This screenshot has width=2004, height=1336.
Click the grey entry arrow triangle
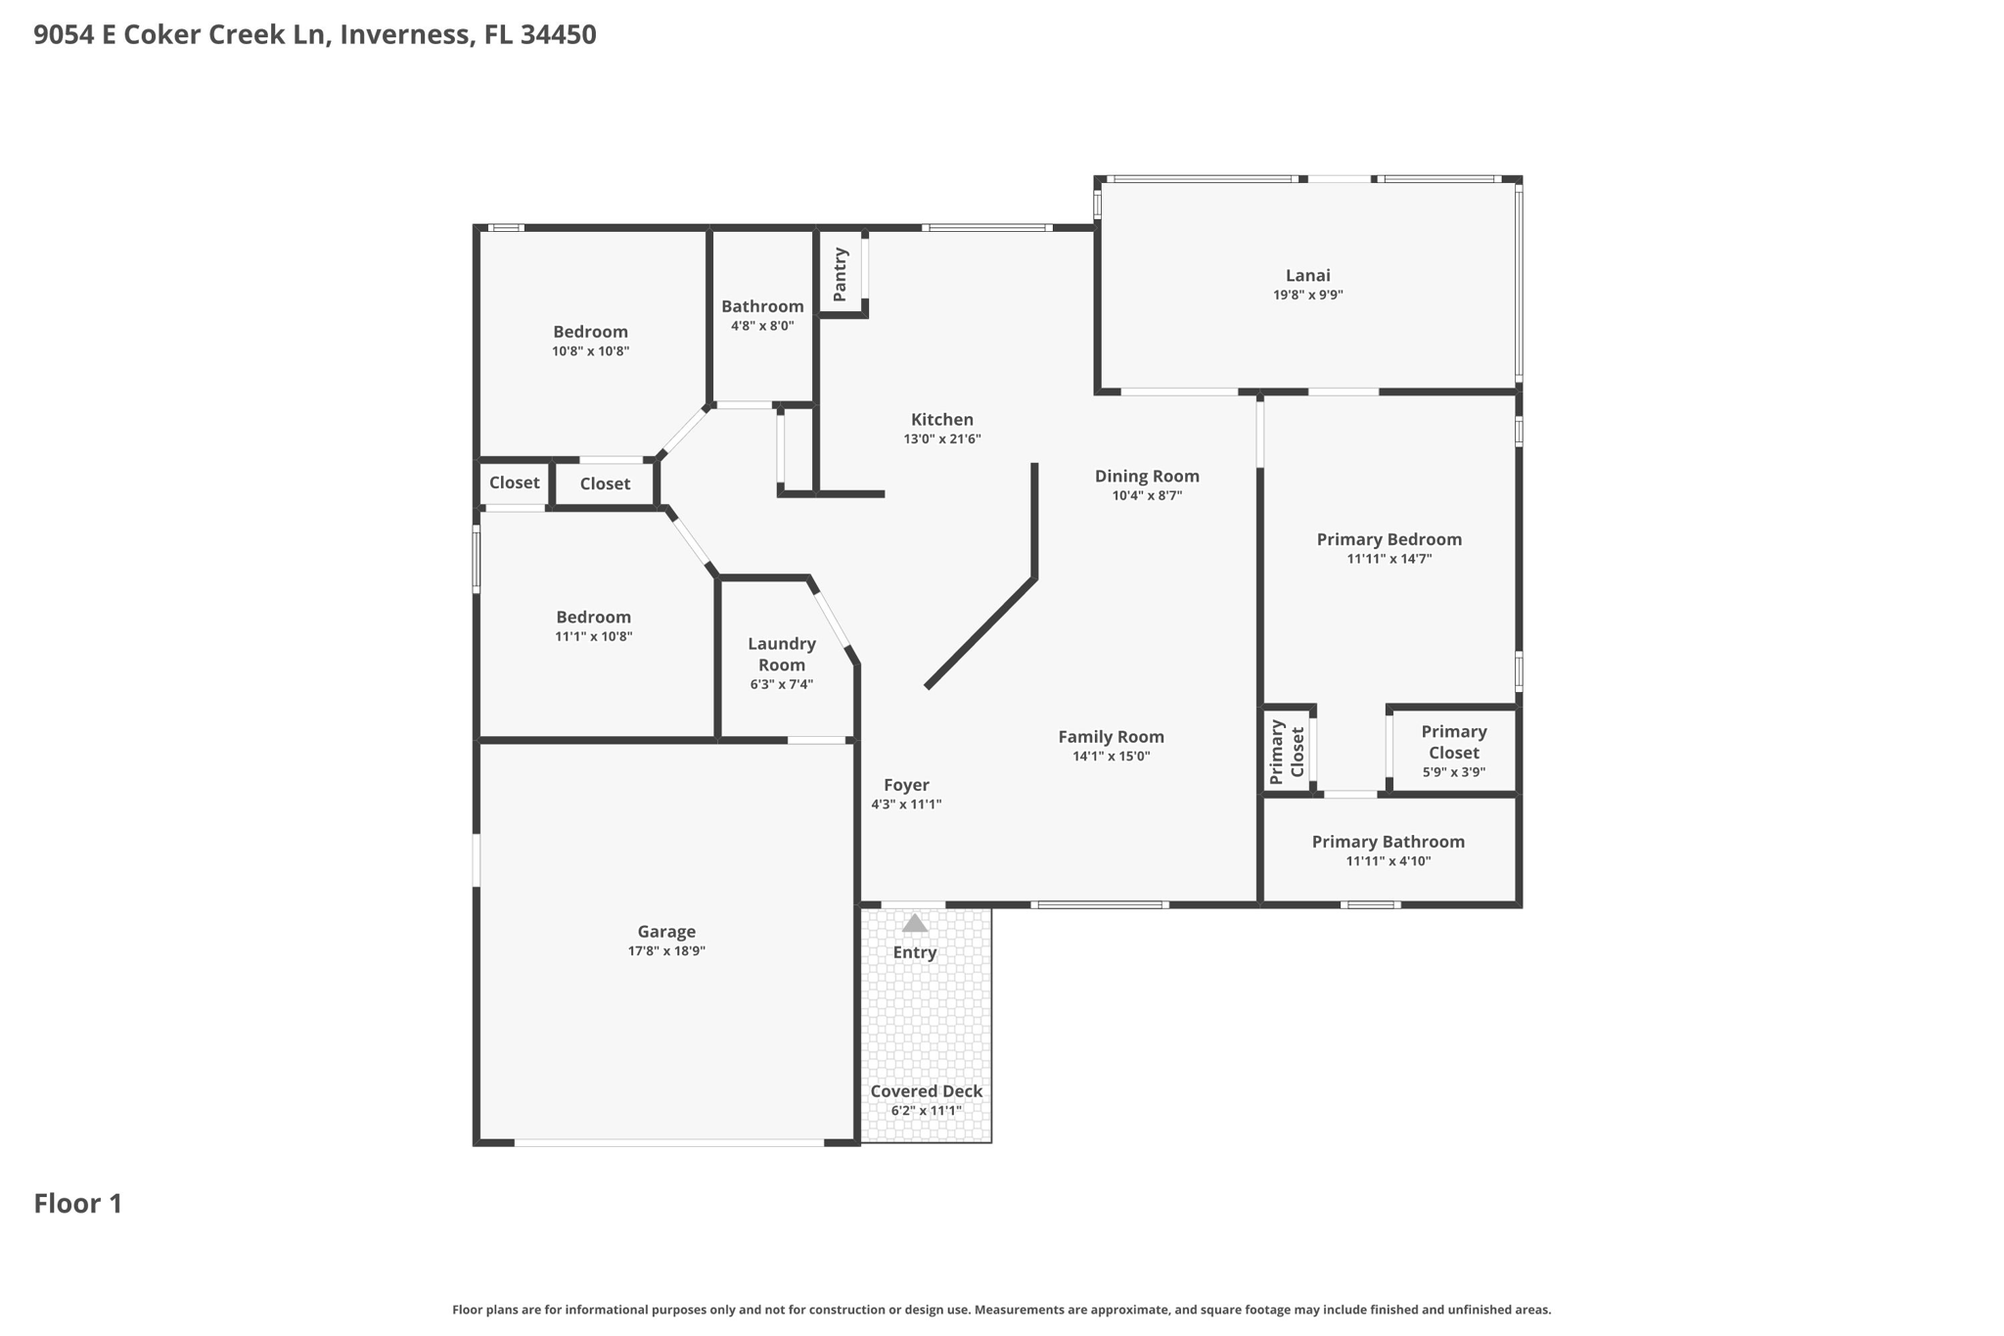click(915, 923)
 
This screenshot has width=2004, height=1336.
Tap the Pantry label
click(840, 274)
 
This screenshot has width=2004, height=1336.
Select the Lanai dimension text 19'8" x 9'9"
click(1308, 295)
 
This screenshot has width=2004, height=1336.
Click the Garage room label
click(666, 932)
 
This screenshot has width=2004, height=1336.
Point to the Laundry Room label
click(782, 654)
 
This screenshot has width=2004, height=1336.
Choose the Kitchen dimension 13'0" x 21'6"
click(942, 439)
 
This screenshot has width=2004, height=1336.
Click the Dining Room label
click(1147, 477)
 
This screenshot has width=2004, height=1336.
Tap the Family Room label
click(1112, 737)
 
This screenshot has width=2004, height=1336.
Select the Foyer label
click(906, 785)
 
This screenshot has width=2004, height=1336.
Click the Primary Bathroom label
click(1389, 842)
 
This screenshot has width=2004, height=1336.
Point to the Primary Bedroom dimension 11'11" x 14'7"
click(1389, 559)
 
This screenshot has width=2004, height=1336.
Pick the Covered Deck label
click(927, 1091)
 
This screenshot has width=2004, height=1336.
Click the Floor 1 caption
click(78, 1204)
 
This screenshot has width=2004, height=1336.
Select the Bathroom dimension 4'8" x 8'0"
click(762, 326)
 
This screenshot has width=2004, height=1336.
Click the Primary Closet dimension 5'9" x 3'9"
click(1454, 772)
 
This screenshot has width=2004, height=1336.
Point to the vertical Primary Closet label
click(1287, 752)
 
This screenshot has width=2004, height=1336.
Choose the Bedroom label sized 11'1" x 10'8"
click(594, 617)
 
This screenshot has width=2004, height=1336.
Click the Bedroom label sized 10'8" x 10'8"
click(590, 332)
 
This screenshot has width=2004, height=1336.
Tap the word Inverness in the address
click(405, 35)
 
